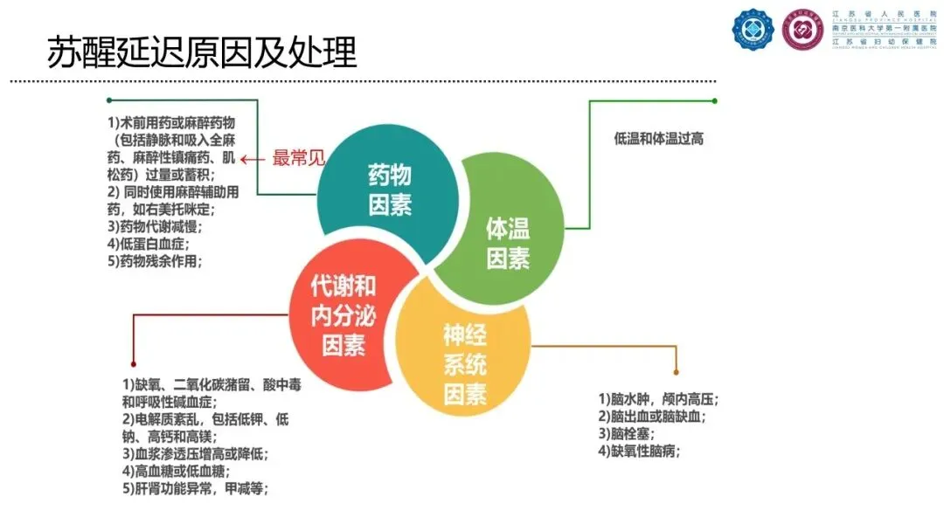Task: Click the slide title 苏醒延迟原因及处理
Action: pyautogui.click(x=202, y=52)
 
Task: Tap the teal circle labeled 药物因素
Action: pyautogui.click(x=389, y=189)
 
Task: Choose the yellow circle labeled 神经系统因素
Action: pyautogui.click(x=464, y=363)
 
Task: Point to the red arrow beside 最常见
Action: pyautogui.click(x=254, y=159)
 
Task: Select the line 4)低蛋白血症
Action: pyautogui.click(x=149, y=244)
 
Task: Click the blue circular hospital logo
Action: pyautogui.click(x=753, y=31)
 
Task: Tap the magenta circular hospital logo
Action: pyautogui.click(x=802, y=31)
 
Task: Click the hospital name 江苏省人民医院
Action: pyautogui.click(x=883, y=14)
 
